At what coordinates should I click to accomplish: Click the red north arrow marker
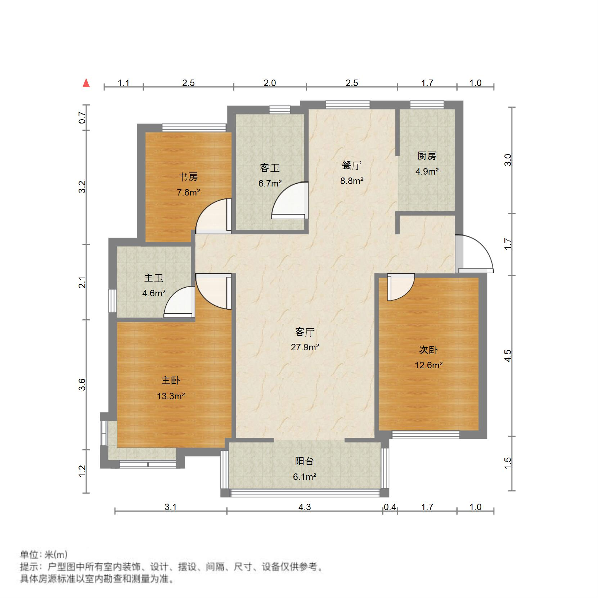coord(86,83)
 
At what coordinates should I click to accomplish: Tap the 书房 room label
coord(188,177)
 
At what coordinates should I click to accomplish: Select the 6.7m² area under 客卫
coord(270,184)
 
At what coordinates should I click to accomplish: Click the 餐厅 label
coord(351,165)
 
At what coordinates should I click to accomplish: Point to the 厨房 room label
coord(427,156)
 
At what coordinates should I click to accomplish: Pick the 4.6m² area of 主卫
coord(154,293)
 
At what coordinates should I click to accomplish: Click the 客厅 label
coord(305,332)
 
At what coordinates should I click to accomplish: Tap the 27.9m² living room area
coord(305,347)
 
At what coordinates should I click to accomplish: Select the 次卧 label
coord(428,350)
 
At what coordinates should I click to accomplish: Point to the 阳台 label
coord(304,461)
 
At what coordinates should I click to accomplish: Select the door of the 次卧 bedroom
coord(400,287)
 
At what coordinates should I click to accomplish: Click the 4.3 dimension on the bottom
coord(304,507)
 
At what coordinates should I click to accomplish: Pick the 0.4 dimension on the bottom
coord(390,507)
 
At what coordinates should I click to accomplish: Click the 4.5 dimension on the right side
coord(508,356)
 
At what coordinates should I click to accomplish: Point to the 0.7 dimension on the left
coord(82,118)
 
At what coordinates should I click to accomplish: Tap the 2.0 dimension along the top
coord(269,83)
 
